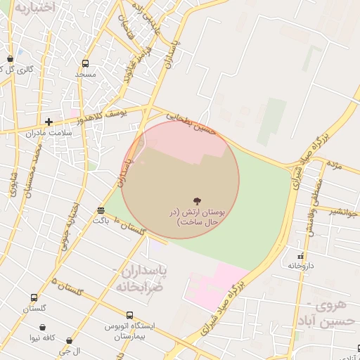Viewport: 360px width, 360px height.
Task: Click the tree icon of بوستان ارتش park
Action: (x=195, y=200)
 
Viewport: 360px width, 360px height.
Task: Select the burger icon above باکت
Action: (x=101, y=210)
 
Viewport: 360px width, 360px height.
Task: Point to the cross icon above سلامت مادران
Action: (x=49, y=122)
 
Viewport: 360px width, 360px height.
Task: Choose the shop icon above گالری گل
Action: (x=10, y=59)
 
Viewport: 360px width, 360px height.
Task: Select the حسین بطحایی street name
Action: (x=188, y=121)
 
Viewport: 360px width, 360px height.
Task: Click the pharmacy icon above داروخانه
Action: (x=301, y=256)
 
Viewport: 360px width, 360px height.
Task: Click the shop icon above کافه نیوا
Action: (x=44, y=328)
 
